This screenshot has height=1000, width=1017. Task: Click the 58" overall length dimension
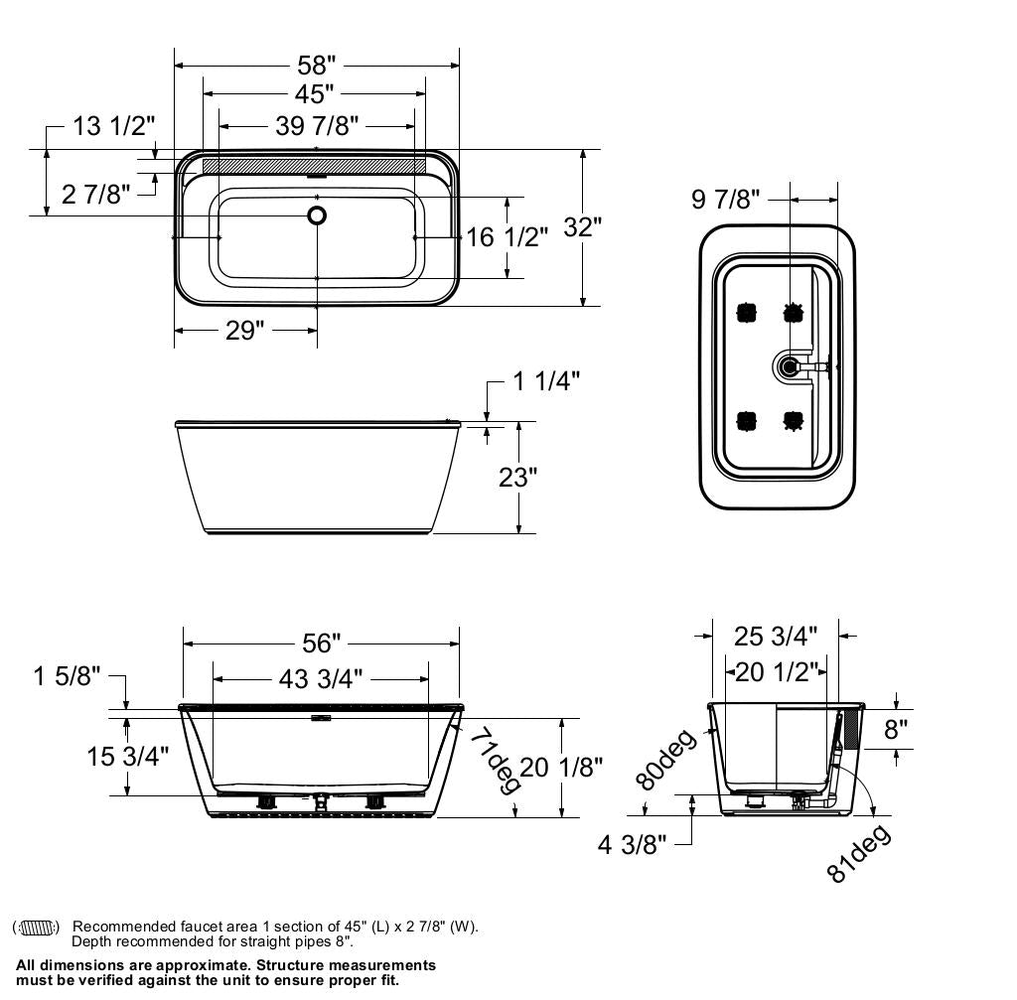coord(317,66)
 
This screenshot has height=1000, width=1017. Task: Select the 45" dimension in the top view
coord(314,94)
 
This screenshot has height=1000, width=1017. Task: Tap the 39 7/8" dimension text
coord(317,125)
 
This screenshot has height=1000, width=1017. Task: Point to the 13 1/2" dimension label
coord(114,126)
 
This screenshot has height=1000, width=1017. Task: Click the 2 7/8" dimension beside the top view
coord(95,194)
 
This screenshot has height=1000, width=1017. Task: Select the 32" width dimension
coord(583,227)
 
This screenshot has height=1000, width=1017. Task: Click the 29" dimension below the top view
coord(244,331)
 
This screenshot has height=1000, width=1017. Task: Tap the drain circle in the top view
coord(317,214)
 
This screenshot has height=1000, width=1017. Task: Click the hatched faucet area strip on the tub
coord(314,165)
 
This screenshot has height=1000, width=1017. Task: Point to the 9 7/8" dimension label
coord(725,200)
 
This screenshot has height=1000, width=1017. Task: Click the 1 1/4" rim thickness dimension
coord(545,380)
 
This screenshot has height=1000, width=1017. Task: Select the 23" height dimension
coord(517,478)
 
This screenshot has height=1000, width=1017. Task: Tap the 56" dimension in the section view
coord(321,643)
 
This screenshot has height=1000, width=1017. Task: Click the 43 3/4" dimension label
coord(321,678)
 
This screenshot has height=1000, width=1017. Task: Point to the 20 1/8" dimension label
coord(561,767)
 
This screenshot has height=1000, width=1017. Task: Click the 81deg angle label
coord(858,853)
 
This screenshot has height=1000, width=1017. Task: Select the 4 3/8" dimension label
coord(632,845)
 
